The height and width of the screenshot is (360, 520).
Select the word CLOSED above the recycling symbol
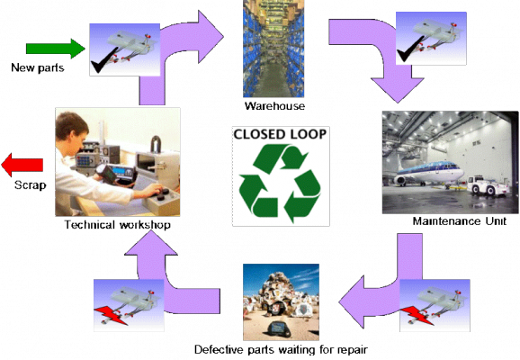click(x=261, y=135)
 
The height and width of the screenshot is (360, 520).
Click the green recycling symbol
click(x=280, y=183)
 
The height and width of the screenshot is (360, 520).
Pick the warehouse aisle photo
click(x=273, y=49)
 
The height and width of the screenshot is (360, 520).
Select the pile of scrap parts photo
click(x=281, y=301)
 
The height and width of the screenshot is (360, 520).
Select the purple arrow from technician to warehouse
click(x=180, y=54)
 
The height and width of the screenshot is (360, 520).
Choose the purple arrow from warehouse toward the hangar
click(x=378, y=54)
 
